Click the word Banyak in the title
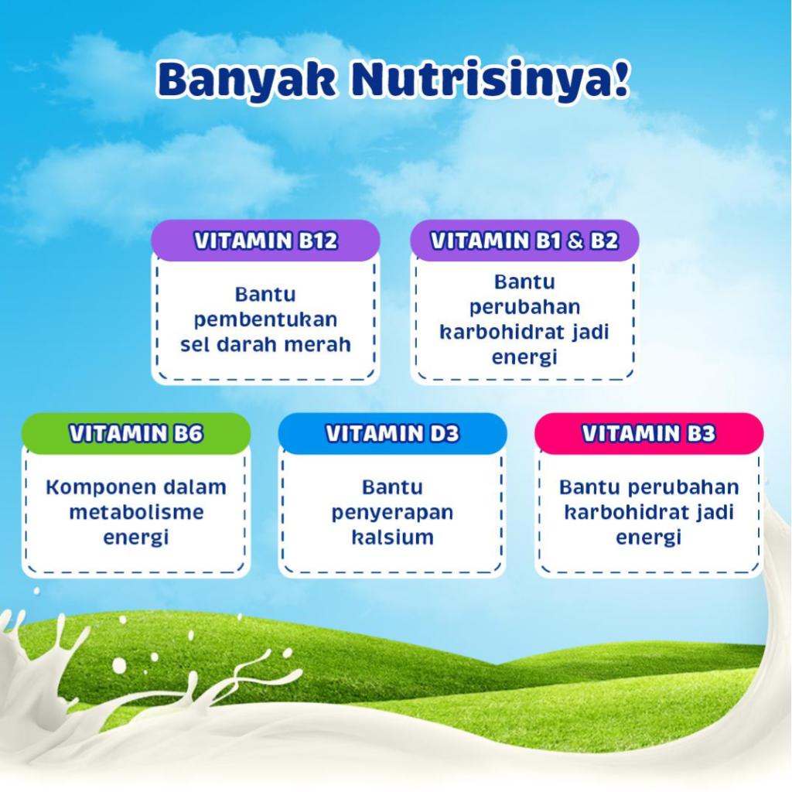246,80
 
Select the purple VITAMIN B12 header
266,241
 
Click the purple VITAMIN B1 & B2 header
524,241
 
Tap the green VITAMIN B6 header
136,433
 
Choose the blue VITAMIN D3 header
392,433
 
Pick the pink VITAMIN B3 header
649,433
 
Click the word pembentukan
266,320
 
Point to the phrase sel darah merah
266,345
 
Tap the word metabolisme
136,512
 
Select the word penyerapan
392,514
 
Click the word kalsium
392,537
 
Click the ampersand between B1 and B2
575,241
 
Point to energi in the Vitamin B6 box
136,538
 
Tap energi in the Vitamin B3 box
649,538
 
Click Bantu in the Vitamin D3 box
392,487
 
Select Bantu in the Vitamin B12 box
266,295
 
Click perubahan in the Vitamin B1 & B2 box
525,308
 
